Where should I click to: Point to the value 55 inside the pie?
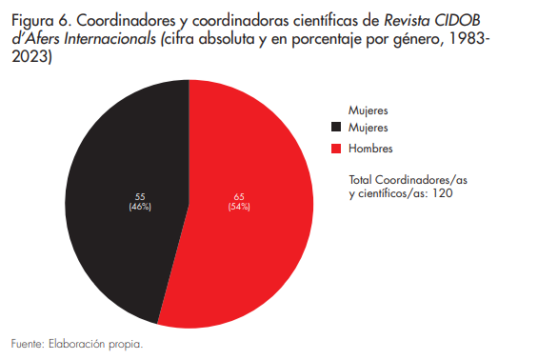tap(139, 196)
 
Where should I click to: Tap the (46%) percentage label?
tap(139, 207)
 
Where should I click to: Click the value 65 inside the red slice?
tap(238, 196)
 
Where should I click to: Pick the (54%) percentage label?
tap(238, 207)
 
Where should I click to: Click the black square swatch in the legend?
tap(336, 128)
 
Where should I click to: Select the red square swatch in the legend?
tap(336, 150)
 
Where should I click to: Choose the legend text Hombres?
tap(370, 150)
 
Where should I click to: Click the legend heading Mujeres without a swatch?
tap(369, 110)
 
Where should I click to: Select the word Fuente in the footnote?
tap(26, 344)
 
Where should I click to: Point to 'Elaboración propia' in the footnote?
tap(95, 344)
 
